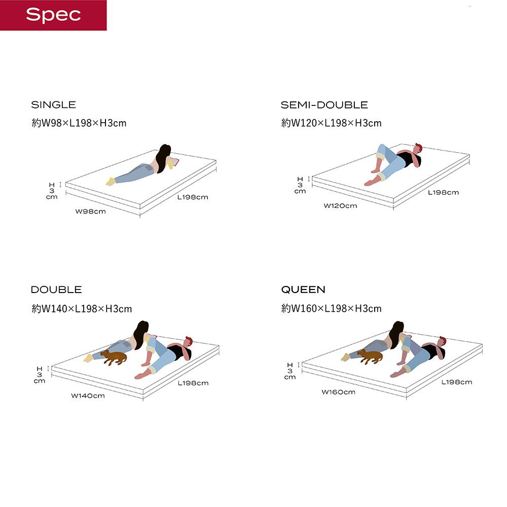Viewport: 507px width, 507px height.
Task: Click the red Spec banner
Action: [53, 15]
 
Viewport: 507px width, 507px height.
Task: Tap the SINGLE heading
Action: [53, 105]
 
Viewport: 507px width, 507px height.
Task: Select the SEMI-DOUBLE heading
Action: [324, 105]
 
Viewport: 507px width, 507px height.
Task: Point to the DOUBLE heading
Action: [56, 289]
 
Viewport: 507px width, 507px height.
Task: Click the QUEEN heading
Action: [303, 289]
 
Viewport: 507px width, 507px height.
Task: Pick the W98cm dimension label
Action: [91, 211]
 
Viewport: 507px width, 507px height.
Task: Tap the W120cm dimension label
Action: [341, 206]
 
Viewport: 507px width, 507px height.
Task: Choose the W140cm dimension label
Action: [88, 395]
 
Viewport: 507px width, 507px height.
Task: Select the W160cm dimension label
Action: [339, 392]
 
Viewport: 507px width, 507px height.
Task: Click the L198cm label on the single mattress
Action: [193, 197]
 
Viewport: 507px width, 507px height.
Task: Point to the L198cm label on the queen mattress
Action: [457, 382]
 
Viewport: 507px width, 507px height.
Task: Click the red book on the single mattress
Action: [174, 162]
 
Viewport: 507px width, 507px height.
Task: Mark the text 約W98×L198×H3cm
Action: [79, 123]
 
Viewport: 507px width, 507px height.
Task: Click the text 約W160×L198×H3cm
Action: [332, 308]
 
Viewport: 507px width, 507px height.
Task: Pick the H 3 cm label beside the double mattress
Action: [40, 375]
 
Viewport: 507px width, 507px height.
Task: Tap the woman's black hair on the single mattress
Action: [163, 158]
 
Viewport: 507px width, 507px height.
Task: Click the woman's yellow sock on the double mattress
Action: [88, 358]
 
